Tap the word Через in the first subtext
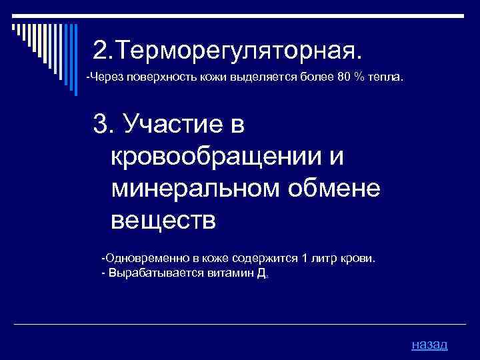tap(102, 77)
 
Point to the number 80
tap(343, 77)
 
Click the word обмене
tap(338, 188)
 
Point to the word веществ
tap(163, 220)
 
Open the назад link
tap(429, 345)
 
